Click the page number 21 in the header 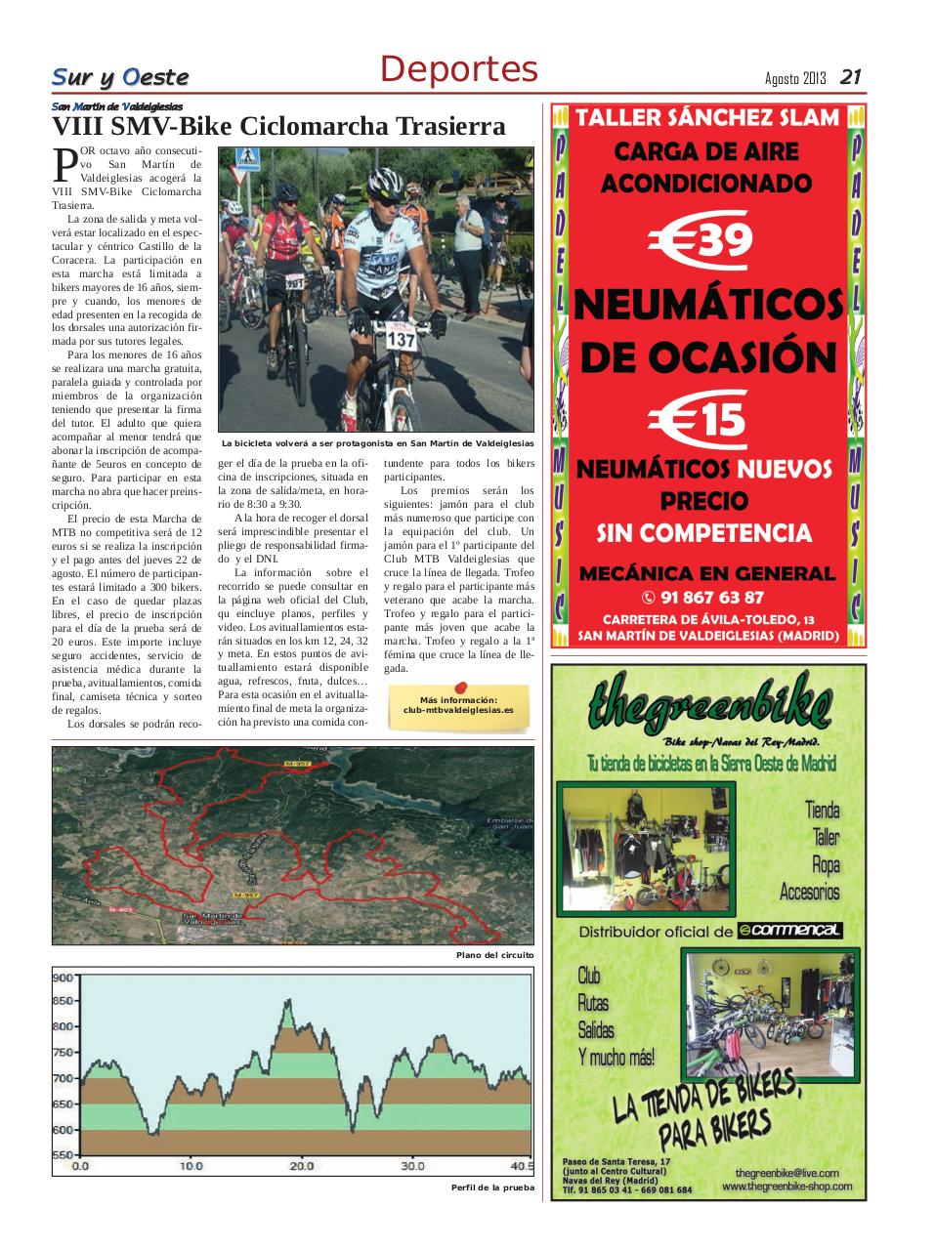[850, 76]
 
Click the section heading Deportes [458, 69]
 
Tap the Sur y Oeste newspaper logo [119, 77]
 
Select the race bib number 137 [401, 339]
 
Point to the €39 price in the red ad [701, 240]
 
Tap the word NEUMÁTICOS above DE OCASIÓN [707, 305]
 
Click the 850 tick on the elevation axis [63, 1001]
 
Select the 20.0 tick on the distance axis [302, 1166]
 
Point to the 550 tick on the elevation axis [63, 1155]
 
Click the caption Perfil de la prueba [492, 1187]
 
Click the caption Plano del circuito [494, 955]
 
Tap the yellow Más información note [458, 705]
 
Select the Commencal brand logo [789, 931]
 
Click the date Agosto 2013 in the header [795, 78]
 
